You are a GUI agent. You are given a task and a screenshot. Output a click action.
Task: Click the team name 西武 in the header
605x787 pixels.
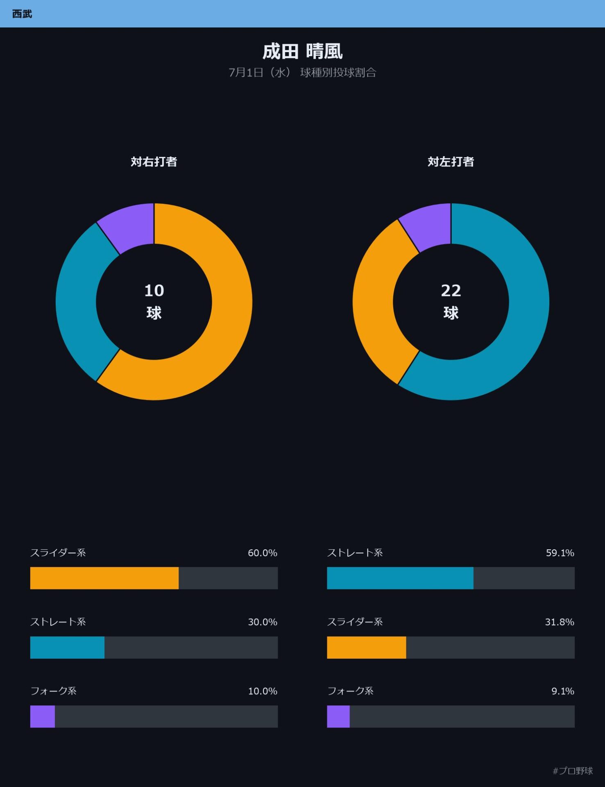pyautogui.click(x=22, y=14)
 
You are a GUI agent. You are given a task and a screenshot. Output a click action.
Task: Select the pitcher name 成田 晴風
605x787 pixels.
pyautogui.click(x=302, y=52)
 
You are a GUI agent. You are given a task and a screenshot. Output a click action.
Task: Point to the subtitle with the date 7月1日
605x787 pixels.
pyautogui.click(x=302, y=73)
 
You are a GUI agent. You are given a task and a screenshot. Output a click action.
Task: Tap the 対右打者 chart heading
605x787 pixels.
pyautogui.click(x=154, y=161)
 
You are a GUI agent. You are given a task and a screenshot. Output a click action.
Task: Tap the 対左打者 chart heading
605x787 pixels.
pyautogui.click(x=451, y=161)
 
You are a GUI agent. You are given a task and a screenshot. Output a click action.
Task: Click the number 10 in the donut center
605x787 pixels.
pyautogui.click(x=154, y=291)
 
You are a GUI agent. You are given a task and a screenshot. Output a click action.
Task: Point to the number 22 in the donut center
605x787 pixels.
pyautogui.click(x=451, y=291)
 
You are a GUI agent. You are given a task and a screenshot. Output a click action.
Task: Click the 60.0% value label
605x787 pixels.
pyautogui.click(x=263, y=553)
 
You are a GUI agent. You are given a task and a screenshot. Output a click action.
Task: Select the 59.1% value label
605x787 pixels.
pyautogui.click(x=560, y=553)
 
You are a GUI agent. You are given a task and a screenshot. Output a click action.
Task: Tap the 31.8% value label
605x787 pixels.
pyautogui.click(x=560, y=622)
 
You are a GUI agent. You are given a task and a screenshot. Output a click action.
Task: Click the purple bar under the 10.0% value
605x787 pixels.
pyautogui.click(x=43, y=716)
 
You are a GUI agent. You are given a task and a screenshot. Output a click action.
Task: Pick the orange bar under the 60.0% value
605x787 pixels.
pyautogui.click(x=104, y=578)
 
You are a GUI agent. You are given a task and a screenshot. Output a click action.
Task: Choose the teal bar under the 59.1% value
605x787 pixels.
pyautogui.click(x=400, y=578)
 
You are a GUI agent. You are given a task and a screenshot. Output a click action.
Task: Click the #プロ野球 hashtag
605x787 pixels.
pyautogui.click(x=573, y=771)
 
